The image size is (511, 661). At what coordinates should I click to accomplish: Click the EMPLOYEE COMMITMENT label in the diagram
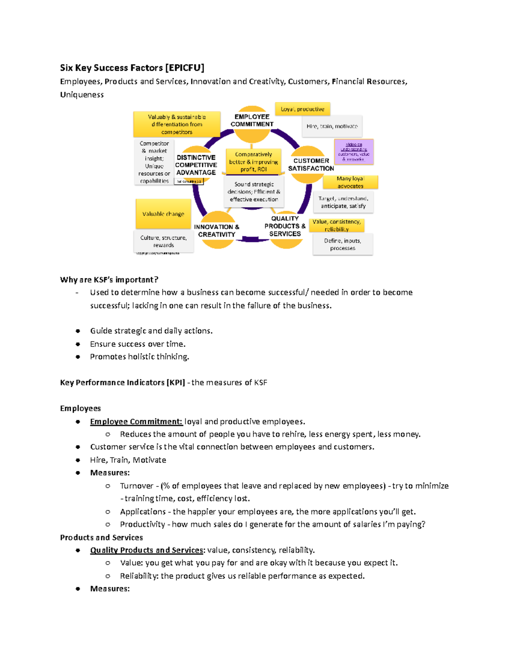(x=252, y=120)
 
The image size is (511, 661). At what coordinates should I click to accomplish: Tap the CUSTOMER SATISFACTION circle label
(x=311, y=165)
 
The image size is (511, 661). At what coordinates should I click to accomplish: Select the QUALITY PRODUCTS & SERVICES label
(x=285, y=226)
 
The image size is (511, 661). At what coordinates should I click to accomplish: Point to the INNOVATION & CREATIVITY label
(x=217, y=231)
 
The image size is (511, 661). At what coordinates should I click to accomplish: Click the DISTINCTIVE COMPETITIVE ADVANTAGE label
(x=196, y=165)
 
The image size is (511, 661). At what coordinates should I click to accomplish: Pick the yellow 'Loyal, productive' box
(x=302, y=109)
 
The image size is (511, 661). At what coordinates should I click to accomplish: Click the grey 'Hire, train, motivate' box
(x=332, y=126)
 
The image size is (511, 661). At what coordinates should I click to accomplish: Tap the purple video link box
(x=354, y=152)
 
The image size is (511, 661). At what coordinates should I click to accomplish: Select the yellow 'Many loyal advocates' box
(x=350, y=182)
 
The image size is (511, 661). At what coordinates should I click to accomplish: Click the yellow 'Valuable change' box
(x=163, y=214)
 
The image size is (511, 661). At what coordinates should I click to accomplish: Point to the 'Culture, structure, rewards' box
(x=164, y=241)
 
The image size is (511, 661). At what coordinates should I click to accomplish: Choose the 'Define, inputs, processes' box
(x=343, y=244)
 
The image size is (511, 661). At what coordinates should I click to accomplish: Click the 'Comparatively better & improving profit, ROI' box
(x=253, y=162)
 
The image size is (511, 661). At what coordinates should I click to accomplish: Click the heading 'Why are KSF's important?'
(x=109, y=280)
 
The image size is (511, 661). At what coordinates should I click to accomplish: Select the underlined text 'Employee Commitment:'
(x=136, y=421)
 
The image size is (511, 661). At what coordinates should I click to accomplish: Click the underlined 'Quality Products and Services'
(x=147, y=550)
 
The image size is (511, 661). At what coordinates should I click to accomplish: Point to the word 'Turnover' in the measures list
(x=136, y=486)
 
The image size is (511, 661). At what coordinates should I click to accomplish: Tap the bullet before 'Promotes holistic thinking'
(x=78, y=357)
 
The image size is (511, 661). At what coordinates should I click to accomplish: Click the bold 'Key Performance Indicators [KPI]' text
(x=122, y=382)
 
